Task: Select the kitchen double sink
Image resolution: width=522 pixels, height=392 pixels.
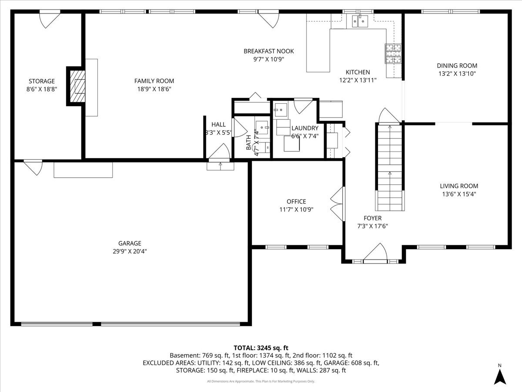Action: [361, 20]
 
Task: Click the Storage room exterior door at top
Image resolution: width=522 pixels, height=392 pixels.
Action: [49, 20]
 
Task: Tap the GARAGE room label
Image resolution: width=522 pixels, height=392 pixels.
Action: [130, 243]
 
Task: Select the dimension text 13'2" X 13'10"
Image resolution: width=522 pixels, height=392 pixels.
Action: [457, 74]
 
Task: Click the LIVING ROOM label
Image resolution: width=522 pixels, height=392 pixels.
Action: [458, 186]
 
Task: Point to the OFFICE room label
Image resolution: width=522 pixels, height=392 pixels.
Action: [296, 201]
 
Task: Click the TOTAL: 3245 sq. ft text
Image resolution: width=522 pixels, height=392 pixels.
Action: [261, 348]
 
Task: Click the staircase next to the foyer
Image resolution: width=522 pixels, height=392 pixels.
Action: [389, 166]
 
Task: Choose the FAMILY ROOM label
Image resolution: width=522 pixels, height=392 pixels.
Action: [154, 81]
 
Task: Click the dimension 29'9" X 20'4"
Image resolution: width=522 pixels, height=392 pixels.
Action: [130, 251]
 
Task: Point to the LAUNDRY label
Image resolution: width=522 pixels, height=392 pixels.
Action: [304, 128]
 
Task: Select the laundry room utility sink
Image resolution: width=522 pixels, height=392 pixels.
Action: [281, 108]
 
